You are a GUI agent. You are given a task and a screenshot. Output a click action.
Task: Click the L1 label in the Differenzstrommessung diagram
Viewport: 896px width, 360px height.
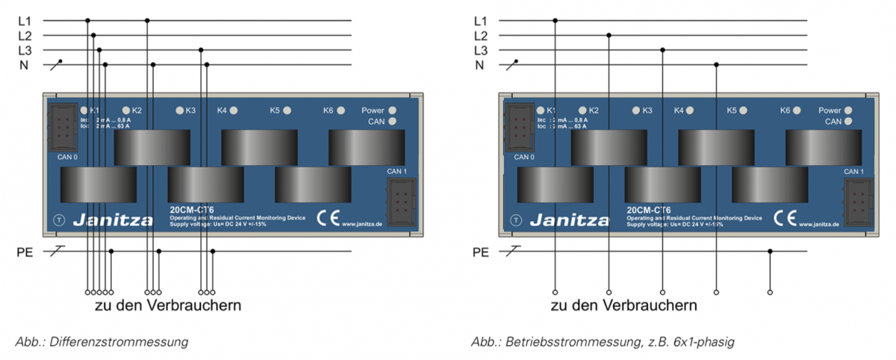pos(25,20)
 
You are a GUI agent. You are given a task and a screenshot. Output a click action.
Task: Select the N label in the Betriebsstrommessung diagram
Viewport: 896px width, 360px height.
pos(479,65)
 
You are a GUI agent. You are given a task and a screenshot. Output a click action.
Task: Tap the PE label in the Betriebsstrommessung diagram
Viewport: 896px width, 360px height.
pos(482,252)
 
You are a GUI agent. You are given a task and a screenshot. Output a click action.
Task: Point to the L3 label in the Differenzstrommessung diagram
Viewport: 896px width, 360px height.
pos(25,50)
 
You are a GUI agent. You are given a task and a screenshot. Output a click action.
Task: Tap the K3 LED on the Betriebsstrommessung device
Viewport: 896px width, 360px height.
pos(636,111)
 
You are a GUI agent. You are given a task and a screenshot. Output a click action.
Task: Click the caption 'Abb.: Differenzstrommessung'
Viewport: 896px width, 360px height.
pos(102,342)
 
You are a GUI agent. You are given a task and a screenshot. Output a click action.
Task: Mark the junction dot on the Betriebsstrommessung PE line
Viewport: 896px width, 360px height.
pos(770,252)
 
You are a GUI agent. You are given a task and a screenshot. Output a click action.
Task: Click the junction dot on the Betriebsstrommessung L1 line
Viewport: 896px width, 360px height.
pos(555,20)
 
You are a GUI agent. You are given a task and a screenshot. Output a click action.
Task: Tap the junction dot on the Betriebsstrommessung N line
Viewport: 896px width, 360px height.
pos(716,65)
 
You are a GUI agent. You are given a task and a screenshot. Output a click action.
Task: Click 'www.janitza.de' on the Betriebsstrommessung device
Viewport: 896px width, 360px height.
pos(820,224)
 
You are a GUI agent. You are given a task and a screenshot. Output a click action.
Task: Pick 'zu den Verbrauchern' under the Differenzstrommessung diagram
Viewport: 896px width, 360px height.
pos(167,306)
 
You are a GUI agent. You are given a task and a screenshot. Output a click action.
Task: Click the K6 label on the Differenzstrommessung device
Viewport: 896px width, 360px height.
pos(328,111)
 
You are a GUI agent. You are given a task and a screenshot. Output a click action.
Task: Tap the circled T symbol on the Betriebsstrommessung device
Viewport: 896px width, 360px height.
pos(516,220)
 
